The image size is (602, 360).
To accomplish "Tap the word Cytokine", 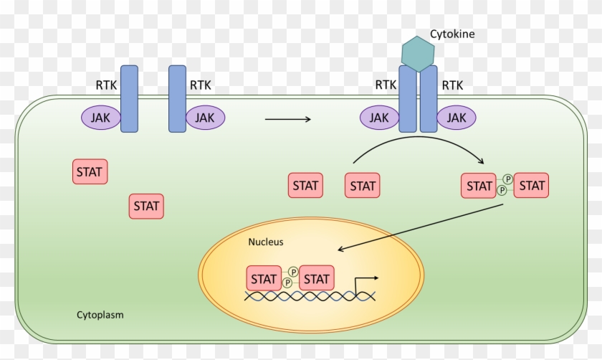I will pos(452,34).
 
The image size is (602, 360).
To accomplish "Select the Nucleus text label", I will pos(266,242).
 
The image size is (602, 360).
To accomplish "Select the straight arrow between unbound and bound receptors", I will pos(287,119).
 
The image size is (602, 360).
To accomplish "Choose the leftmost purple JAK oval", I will pos(101,118).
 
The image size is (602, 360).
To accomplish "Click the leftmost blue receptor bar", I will pos(129,99).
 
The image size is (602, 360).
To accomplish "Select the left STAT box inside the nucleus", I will pos(264,278).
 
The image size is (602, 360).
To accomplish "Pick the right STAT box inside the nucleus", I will pos(317,278).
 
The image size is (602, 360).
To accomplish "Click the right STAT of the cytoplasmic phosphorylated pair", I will pos(532,186).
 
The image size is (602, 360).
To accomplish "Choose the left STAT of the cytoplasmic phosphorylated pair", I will pos(479,186).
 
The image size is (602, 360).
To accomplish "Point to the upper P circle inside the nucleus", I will pos(293,273).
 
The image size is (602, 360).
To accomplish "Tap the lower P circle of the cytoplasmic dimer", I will pos(502,191).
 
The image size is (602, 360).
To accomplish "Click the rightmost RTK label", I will pos(452,85).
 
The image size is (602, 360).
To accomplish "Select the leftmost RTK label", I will pos(106,85).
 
